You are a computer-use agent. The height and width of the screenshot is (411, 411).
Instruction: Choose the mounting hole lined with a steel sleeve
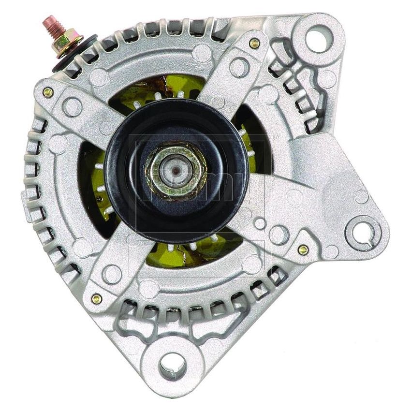[x=173, y=360]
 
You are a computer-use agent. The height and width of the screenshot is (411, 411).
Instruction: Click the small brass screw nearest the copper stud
[x=47, y=92]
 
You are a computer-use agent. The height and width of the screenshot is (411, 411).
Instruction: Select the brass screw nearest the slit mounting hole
[x=303, y=250]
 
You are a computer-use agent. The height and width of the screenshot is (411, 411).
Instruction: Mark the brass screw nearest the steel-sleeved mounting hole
[x=96, y=298]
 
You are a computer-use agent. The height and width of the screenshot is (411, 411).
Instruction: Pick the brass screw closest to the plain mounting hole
[x=254, y=44]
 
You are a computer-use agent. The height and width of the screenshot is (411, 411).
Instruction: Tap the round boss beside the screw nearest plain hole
[x=239, y=68]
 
